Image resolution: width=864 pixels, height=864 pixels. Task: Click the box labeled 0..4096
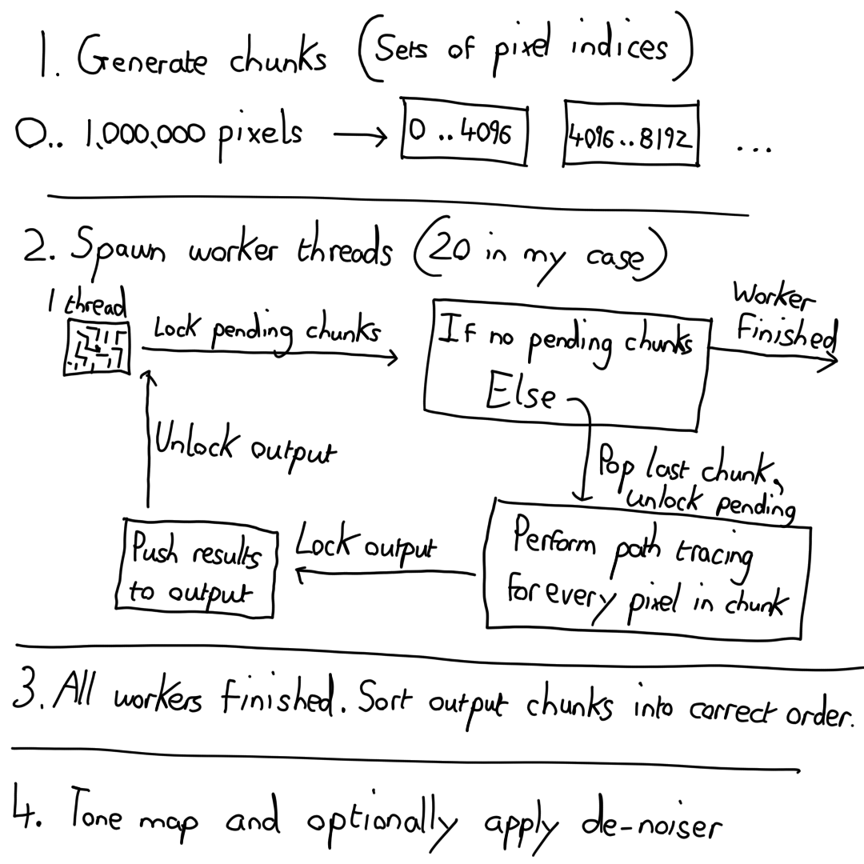click(464, 132)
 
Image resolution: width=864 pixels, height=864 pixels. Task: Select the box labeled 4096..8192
click(630, 134)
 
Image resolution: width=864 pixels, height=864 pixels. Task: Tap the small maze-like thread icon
click(98, 350)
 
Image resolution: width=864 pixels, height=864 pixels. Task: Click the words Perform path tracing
click(632, 549)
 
